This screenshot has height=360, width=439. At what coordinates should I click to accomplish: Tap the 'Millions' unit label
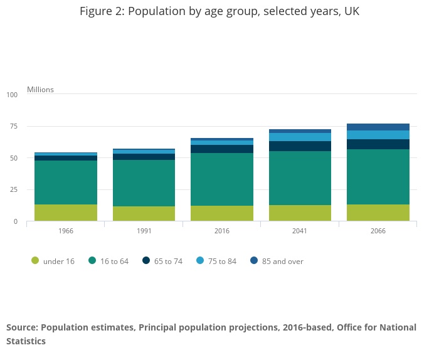[x=40, y=90]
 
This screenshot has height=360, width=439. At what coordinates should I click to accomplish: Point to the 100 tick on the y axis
[x=12, y=95]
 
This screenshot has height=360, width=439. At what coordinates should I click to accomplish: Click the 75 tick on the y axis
[x=14, y=126]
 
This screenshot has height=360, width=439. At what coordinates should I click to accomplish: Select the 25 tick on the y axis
[x=14, y=190]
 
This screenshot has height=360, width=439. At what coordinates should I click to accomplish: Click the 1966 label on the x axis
[x=66, y=231]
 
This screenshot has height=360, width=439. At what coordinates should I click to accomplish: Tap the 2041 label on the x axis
[x=300, y=231]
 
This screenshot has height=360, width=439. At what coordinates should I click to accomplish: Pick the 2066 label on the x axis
[x=378, y=231]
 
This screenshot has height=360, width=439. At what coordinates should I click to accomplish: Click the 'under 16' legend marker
[x=35, y=260]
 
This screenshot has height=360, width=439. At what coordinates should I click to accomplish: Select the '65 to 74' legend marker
[x=146, y=260]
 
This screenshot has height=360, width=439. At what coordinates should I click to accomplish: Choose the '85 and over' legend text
[x=282, y=262]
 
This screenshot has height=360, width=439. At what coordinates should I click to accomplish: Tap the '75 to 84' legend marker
[x=200, y=260]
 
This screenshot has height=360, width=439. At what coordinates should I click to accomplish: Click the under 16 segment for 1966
[x=66, y=213]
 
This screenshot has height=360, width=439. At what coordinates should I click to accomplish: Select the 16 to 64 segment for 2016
[x=222, y=179]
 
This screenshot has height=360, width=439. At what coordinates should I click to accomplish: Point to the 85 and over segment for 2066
[x=378, y=127]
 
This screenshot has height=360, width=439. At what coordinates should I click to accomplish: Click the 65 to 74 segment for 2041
[x=300, y=146]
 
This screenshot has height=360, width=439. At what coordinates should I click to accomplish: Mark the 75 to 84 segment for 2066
[x=378, y=135]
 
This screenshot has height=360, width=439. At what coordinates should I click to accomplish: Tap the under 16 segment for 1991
[x=144, y=214]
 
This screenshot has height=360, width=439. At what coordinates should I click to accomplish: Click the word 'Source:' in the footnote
[x=23, y=327]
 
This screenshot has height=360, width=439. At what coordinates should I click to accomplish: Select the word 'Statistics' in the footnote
[x=26, y=341]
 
